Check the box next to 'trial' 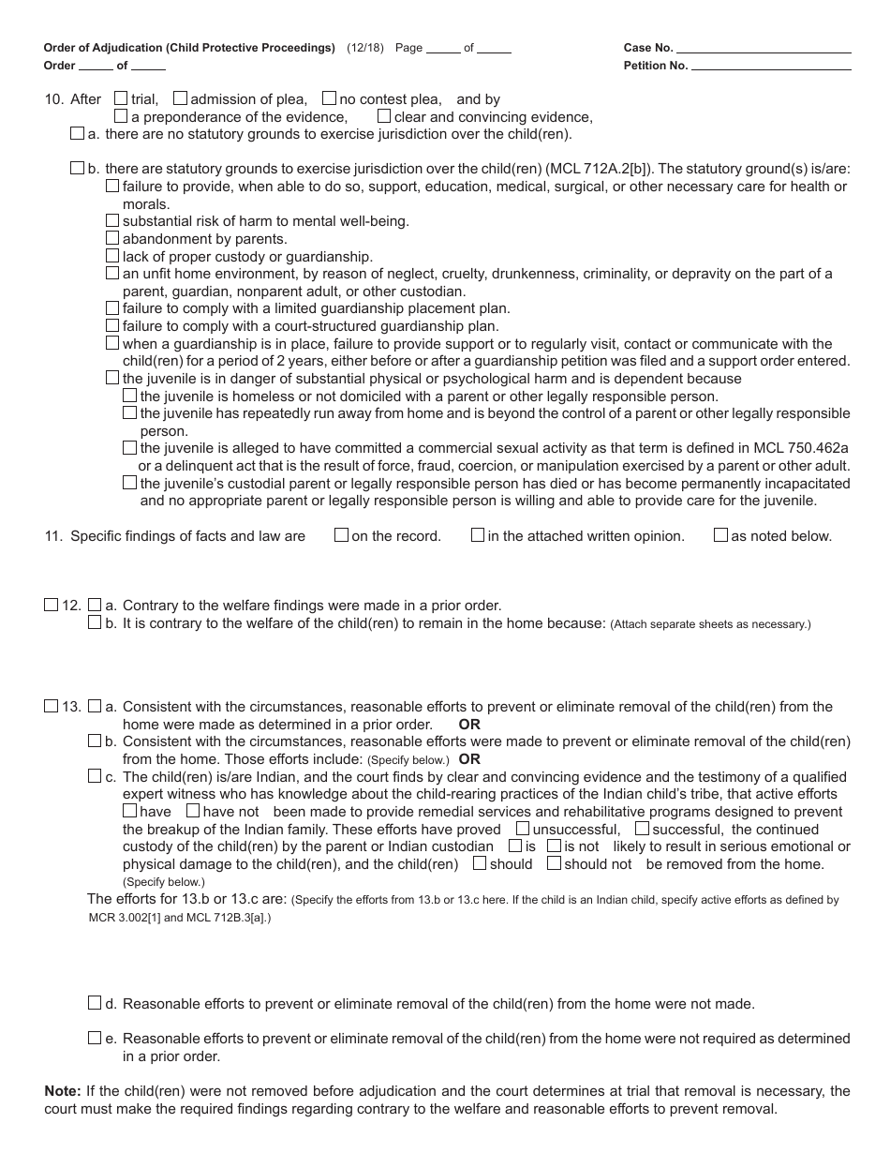[x=121, y=97]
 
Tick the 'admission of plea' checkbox [x=181, y=97]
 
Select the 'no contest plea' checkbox [x=329, y=97]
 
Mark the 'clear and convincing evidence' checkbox [x=384, y=116]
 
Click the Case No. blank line [x=764, y=48]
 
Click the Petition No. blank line [x=771, y=66]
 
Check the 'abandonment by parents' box [x=112, y=238]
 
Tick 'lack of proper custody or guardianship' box [x=112, y=255]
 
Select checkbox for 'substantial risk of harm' [x=112, y=220]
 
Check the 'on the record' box [x=342, y=535]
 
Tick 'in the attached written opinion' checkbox [x=478, y=535]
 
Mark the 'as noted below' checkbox [x=720, y=535]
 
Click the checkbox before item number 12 [x=51, y=605]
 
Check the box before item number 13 [x=51, y=706]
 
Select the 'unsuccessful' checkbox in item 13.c [x=523, y=829]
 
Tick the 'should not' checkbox [x=554, y=863]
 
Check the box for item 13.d [x=95, y=1003]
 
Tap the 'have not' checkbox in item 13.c [x=193, y=811]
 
